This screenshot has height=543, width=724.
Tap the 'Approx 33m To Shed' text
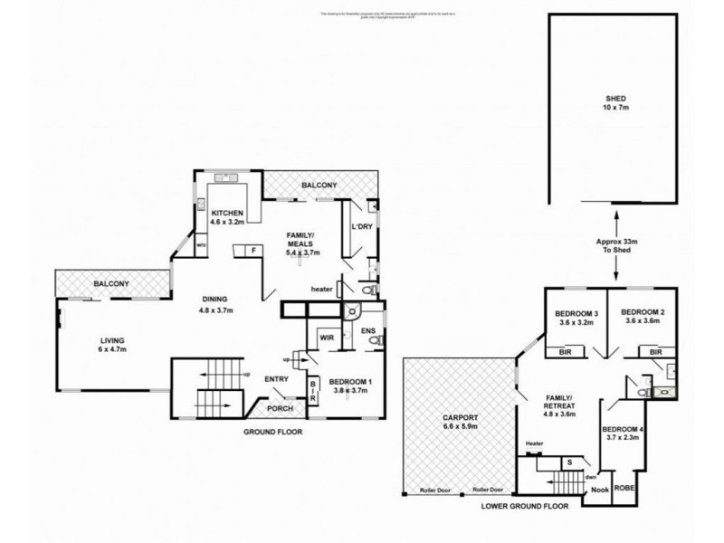tap(617, 247)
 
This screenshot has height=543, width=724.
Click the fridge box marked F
tap(254, 250)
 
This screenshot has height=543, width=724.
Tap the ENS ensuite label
tap(367, 331)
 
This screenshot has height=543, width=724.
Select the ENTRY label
tap(276, 379)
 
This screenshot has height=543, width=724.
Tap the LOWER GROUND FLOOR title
tap(525, 507)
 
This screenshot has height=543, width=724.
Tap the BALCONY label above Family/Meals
tap(319, 186)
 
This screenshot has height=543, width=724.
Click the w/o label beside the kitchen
tap(202, 243)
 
